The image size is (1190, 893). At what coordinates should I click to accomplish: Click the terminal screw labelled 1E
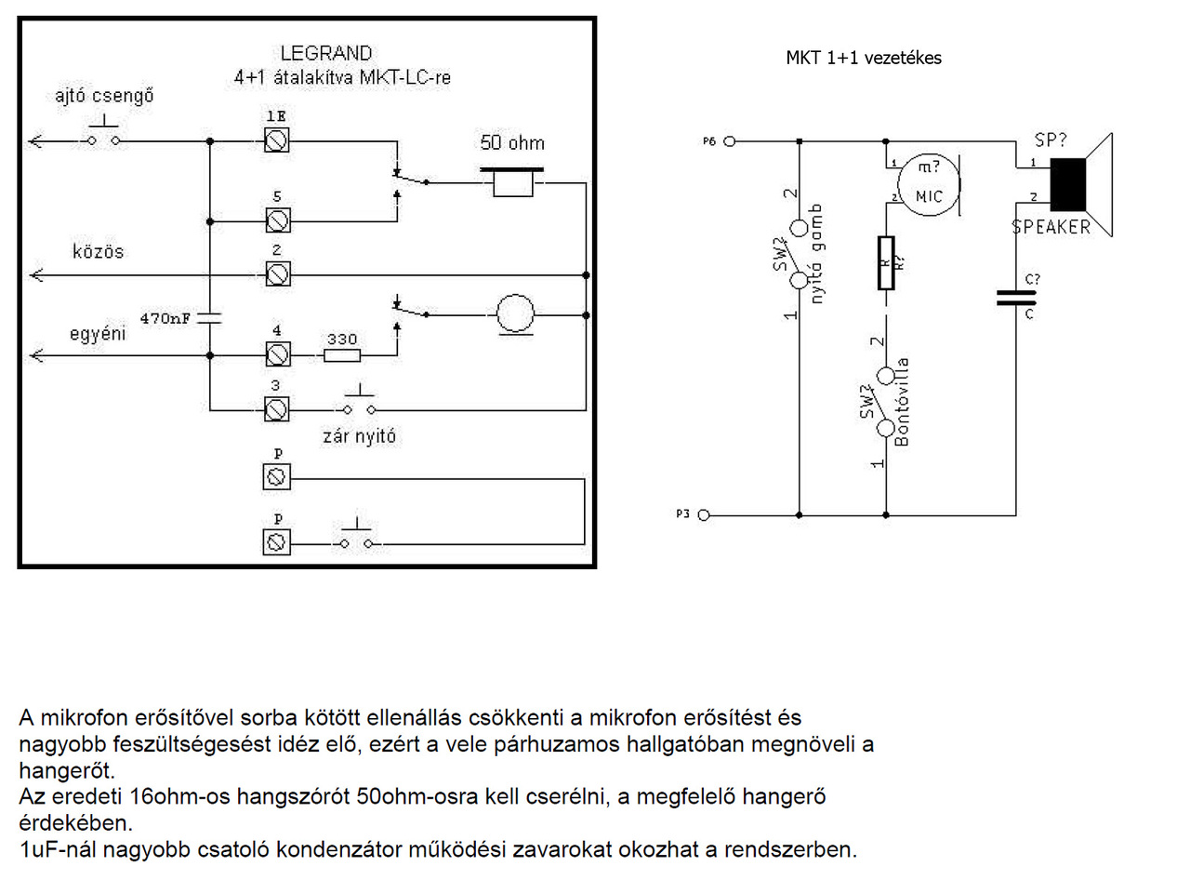coord(276,140)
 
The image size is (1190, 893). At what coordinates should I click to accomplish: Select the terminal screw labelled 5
coord(276,220)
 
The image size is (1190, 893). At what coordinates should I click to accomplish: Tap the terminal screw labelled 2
coord(276,274)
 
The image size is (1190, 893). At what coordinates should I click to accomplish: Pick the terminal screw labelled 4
coord(276,354)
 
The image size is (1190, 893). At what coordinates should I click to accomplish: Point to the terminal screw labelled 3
coord(276,408)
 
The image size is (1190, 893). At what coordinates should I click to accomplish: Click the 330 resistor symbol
coord(341,354)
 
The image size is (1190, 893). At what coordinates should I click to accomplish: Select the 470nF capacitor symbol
coord(210,317)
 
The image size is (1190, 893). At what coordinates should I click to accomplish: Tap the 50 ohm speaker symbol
coord(512,181)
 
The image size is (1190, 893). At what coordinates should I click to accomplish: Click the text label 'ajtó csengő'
coord(103,96)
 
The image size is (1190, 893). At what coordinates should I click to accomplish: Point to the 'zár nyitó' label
coord(359,436)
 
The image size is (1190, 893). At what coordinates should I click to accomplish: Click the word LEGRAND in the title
coord(326,54)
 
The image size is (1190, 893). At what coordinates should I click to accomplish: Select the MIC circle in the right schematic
coord(928,185)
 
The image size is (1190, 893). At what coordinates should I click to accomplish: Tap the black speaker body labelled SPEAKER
coord(1067,184)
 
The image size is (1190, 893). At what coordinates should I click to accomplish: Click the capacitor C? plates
coord(1015,298)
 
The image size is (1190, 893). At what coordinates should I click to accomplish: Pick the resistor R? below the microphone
coord(886,263)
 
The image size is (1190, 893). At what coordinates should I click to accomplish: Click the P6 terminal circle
coord(730,141)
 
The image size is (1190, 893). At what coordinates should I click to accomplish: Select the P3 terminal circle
coord(704,514)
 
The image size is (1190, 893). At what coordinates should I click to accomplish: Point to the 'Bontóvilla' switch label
coord(901,402)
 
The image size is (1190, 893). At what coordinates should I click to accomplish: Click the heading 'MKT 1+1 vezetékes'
coord(863,58)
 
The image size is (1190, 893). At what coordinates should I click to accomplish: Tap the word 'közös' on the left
coord(98,252)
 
